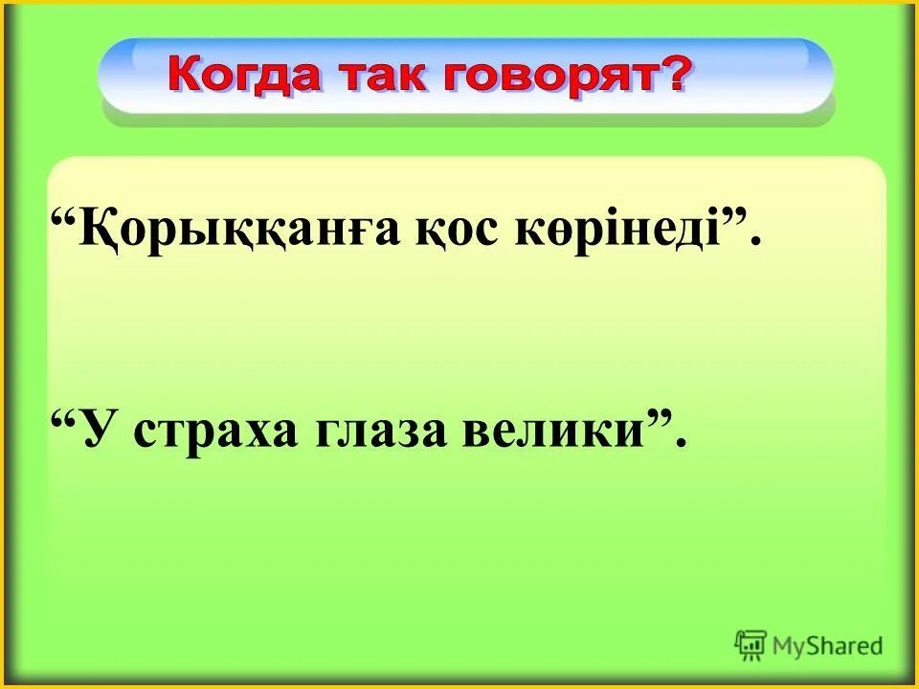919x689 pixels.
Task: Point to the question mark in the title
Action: click(x=671, y=73)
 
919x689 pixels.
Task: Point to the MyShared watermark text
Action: click(x=828, y=646)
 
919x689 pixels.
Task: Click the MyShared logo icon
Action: click(x=751, y=646)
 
